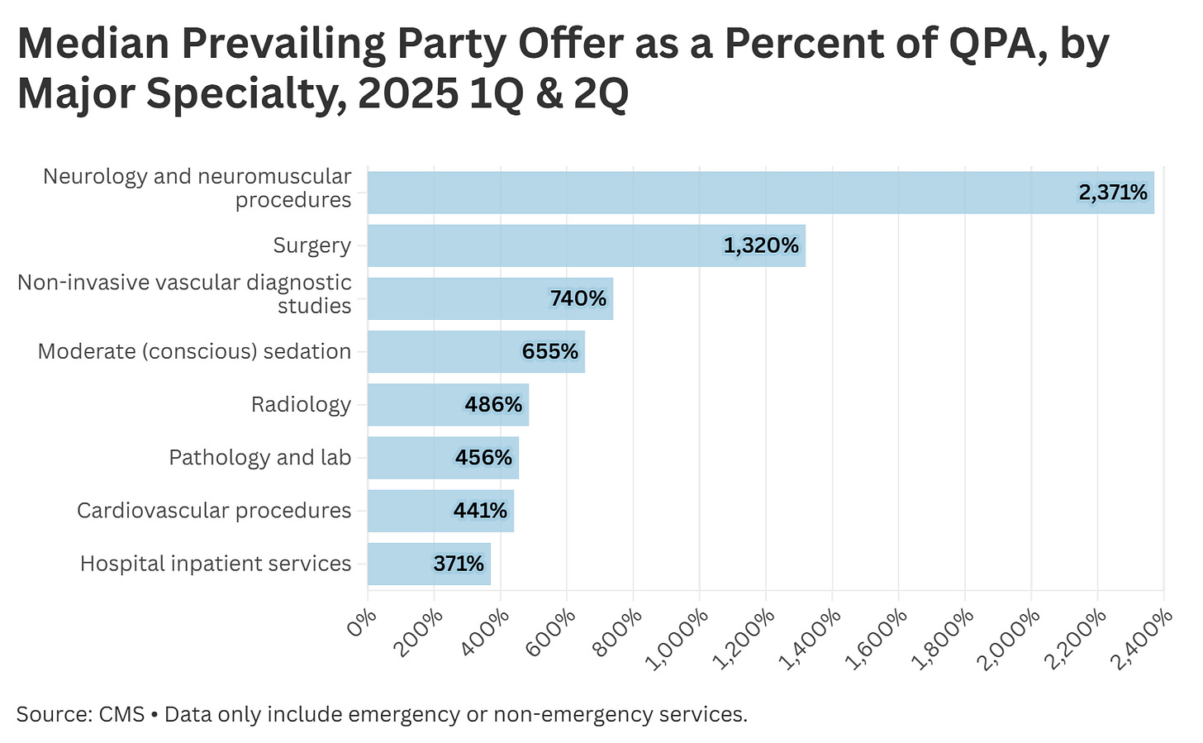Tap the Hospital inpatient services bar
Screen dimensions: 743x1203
429,564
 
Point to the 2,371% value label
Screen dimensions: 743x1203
1112,193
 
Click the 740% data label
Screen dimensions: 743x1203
578,298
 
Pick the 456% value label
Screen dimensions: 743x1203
483,458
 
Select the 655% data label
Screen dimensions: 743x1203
549,351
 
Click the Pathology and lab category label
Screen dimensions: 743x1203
259,458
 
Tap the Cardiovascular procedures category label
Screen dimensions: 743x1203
214,511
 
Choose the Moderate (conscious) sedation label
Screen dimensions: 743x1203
194,351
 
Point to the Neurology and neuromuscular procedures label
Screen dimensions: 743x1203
197,188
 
